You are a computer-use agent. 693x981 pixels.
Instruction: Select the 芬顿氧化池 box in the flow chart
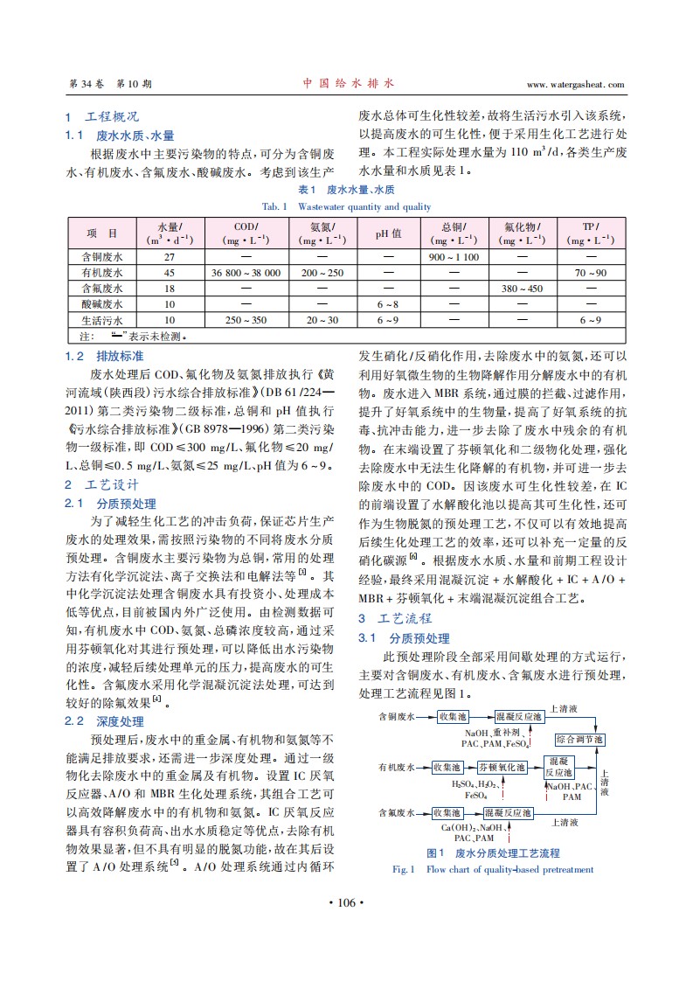point(501,767)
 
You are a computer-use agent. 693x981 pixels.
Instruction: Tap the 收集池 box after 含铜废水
point(453,716)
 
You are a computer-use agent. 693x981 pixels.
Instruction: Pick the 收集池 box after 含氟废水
point(452,812)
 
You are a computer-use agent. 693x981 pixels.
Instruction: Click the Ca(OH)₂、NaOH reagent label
point(472,826)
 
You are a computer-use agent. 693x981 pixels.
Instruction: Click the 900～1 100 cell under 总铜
point(454,257)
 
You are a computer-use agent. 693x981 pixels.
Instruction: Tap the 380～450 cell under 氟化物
point(522,289)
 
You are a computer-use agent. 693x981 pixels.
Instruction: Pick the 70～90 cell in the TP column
point(591,273)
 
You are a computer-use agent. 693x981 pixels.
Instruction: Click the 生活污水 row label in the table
point(102,320)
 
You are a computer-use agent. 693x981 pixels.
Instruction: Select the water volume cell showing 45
point(170,273)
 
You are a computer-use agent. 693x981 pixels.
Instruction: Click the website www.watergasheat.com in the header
point(576,85)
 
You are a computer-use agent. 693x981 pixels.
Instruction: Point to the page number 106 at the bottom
point(347,902)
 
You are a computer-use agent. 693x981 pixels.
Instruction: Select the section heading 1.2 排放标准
point(105,356)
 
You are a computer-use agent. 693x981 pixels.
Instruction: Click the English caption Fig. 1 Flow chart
point(494,869)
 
